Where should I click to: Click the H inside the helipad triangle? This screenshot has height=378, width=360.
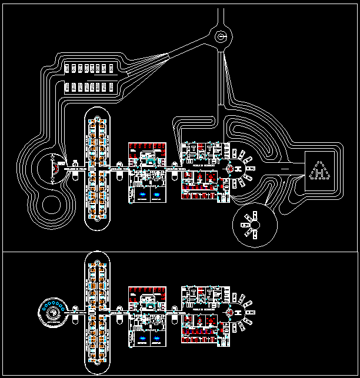tap(319, 173)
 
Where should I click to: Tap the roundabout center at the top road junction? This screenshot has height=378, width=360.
tap(222, 37)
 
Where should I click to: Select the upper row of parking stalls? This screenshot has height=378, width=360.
tap(90, 68)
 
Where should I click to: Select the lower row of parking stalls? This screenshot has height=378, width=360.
tap(90, 88)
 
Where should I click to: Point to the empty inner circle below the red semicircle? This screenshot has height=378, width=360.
tap(55, 207)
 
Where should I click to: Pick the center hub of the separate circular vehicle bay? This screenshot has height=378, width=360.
tap(254, 224)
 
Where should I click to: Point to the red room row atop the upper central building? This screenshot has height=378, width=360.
tap(147, 146)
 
